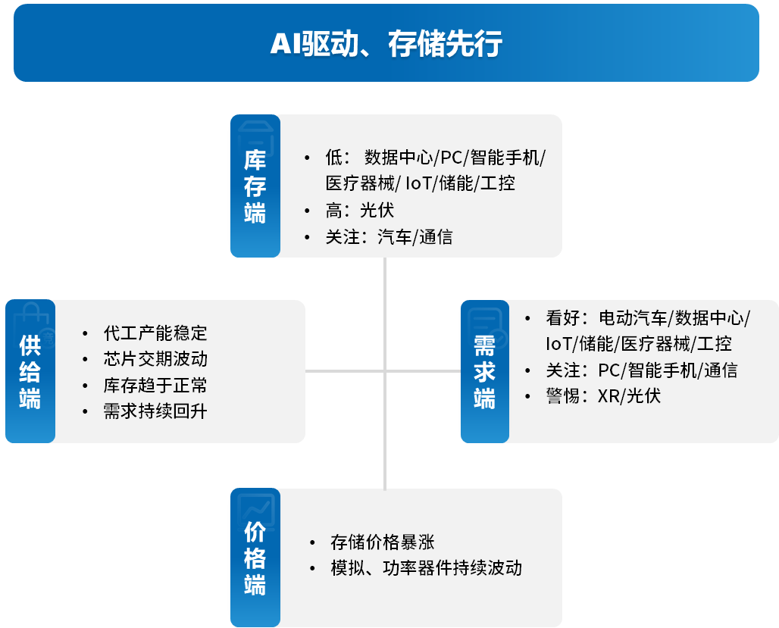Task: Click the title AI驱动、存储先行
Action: [x=386, y=44]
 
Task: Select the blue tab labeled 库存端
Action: [x=255, y=186]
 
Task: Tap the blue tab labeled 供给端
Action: [x=30, y=371]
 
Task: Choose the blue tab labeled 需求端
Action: [x=484, y=371]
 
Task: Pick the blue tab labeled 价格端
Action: [x=255, y=559]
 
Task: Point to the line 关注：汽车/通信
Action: [x=388, y=237]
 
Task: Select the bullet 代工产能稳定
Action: [x=155, y=333]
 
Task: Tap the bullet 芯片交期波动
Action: [x=155, y=358]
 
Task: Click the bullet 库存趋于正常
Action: [x=155, y=385]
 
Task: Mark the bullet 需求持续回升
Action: [x=155, y=411]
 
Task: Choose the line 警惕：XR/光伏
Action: [x=602, y=396]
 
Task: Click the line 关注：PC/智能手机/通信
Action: [x=640, y=370]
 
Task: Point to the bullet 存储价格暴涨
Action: [x=382, y=542]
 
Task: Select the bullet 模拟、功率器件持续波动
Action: [x=426, y=568]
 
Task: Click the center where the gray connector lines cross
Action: [x=385, y=371]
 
